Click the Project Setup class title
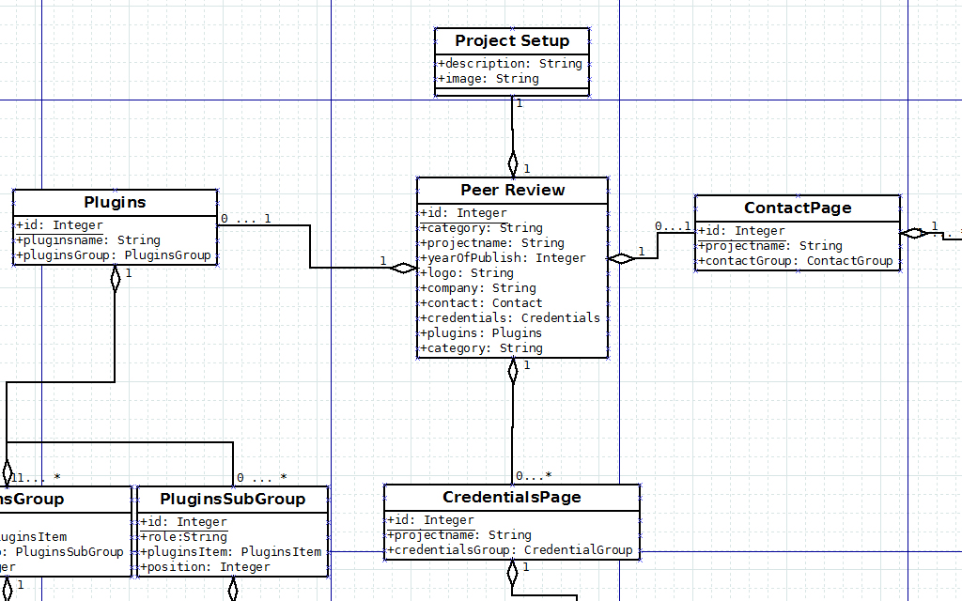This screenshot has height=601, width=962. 512,40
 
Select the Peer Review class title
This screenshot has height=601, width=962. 513,190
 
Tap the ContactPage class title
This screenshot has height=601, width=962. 798,208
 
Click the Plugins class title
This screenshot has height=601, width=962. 115,202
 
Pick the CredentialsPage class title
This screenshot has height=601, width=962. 512,497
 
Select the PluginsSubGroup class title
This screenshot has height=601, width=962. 233,499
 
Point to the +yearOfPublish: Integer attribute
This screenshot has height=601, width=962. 503,258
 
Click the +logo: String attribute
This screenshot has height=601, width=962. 467,273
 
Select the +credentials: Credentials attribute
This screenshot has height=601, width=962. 510,318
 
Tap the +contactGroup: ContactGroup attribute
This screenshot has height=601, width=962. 795,261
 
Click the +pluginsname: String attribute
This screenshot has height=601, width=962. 88,240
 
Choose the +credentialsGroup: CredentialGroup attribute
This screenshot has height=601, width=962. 510,550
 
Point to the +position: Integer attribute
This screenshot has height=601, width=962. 205,567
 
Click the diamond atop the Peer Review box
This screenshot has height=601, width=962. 513,162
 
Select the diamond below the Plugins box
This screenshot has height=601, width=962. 116,279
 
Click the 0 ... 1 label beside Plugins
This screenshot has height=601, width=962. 245,219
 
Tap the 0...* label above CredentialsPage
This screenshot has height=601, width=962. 534,476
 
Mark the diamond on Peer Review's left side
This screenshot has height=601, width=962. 404,269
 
